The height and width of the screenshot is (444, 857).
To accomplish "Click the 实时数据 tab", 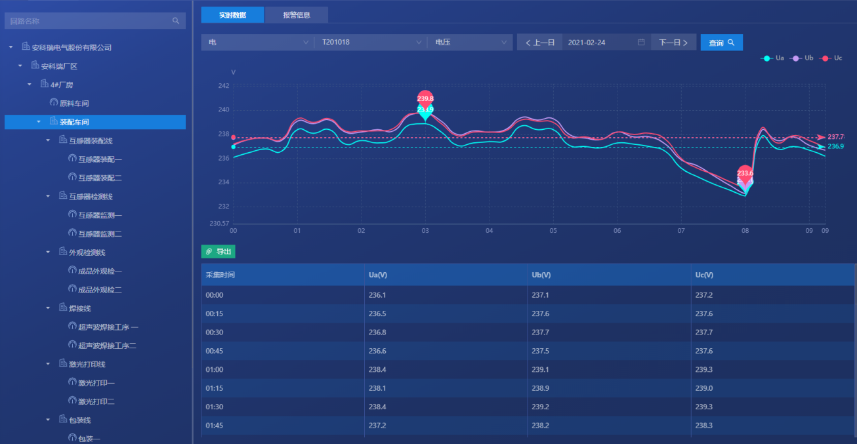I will (x=232, y=15).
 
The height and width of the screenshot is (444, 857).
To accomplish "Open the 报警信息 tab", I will (x=297, y=15).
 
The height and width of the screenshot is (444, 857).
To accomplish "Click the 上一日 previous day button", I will (x=540, y=43).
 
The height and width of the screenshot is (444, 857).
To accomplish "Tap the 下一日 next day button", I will (x=673, y=43).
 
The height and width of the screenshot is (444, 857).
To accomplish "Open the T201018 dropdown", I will (x=371, y=43).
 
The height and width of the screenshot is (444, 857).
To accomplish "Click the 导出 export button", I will (x=219, y=252).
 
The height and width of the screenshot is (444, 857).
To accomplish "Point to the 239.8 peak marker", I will (x=425, y=98).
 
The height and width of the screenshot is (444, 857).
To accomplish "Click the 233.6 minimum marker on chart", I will (x=745, y=173).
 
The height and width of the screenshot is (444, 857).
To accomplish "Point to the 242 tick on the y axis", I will (x=224, y=86).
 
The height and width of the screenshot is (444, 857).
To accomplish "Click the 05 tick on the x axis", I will (x=553, y=231).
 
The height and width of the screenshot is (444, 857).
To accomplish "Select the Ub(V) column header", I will (x=541, y=275).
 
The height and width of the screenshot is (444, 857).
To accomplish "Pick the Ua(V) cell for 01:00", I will (x=377, y=370).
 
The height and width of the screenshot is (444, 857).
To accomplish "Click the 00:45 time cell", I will (x=215, y=351).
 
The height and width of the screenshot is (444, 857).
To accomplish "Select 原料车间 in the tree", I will (x=74, y=104).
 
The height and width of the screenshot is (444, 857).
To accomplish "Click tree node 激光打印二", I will (x=96, y=401).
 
